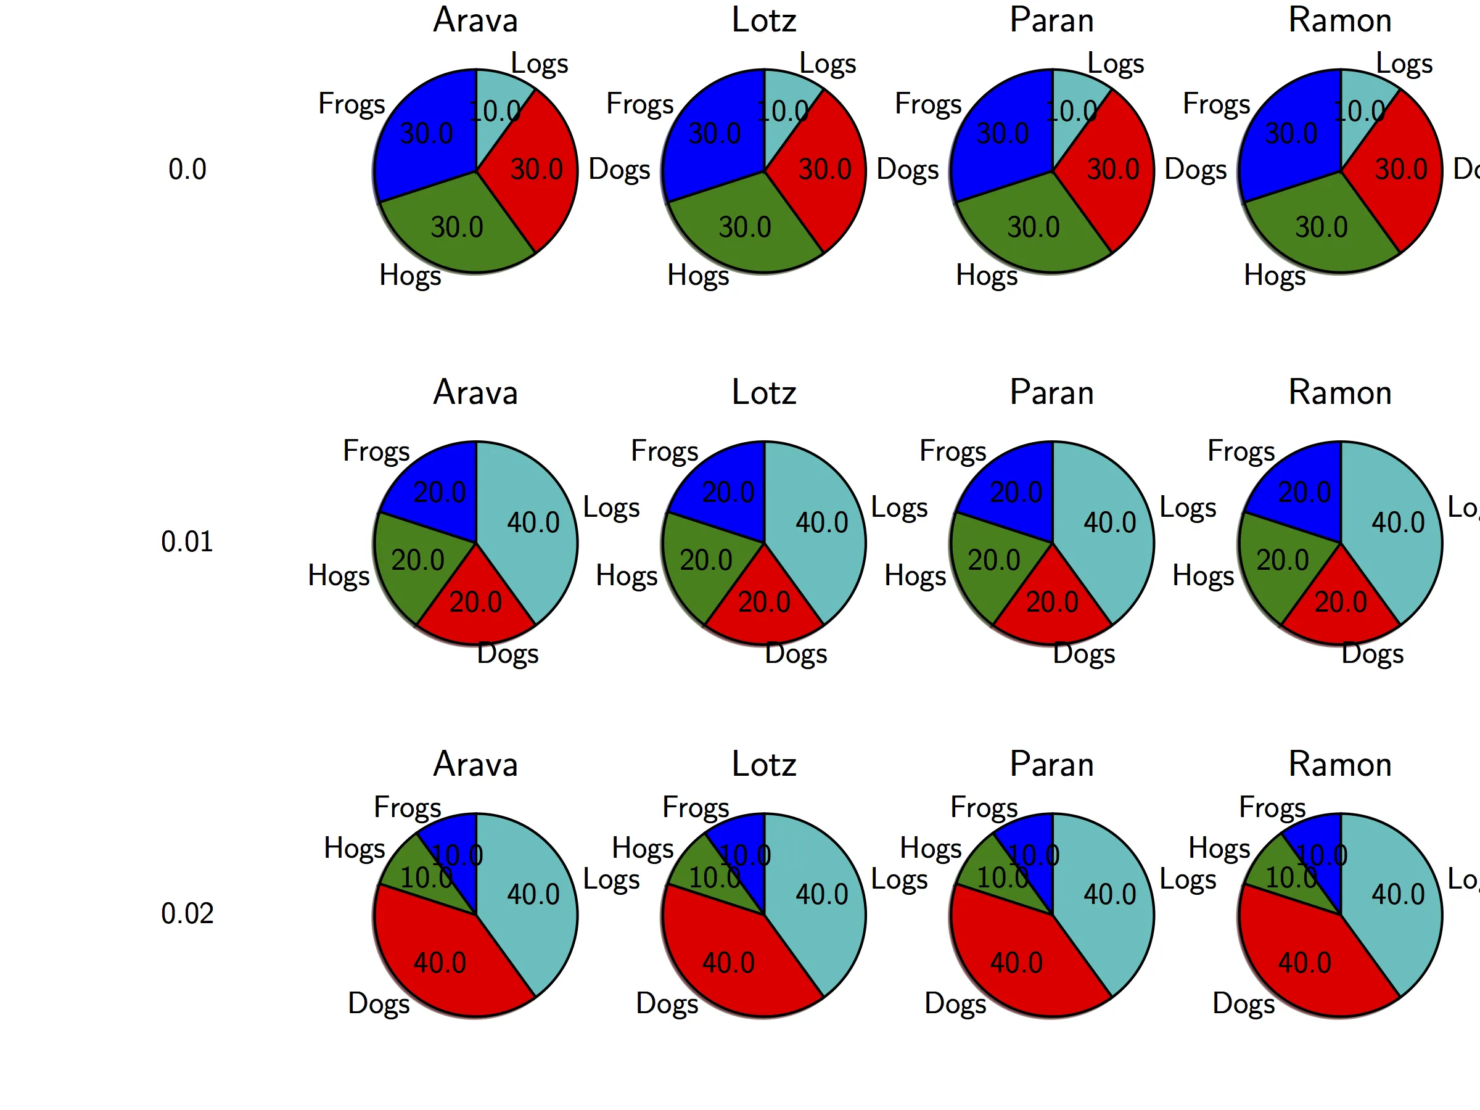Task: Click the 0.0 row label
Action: (187, 170)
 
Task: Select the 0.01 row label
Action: (187, 541)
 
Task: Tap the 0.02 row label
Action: (187, 913)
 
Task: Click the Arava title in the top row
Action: (475, 20)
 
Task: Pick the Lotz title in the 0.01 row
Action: (764, 392)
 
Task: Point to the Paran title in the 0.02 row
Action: (1052, 764)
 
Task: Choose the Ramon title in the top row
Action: (1340, 20)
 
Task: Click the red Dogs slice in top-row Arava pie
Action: (535, 181)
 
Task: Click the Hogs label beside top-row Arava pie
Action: (410, 275)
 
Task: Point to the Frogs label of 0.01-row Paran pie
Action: (953, 451)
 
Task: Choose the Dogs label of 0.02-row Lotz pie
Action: (667, 1003)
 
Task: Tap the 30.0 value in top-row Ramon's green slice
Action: (1322, 228)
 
